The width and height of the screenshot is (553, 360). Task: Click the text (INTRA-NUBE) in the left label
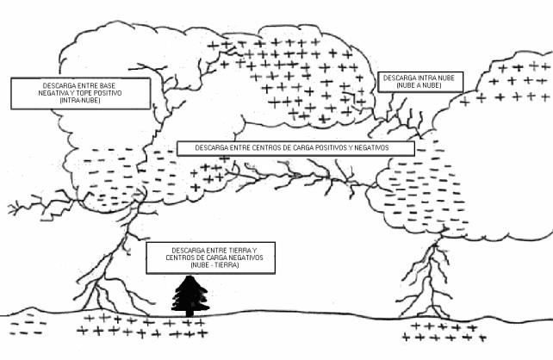pyautogui.click(x=79, y=100)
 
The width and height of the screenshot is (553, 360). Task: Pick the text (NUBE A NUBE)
pyautogui.click(x=421, y=85)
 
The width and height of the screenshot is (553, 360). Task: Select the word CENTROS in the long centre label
pyautogui.click(x=269, y=147)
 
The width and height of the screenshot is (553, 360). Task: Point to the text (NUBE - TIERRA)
pyautogui.click(x=204, y=264)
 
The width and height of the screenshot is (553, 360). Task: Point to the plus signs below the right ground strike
pyautogui.click(x=436, y=332)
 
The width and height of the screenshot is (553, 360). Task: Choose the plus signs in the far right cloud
pyautogui.click(x=508, y=82)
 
